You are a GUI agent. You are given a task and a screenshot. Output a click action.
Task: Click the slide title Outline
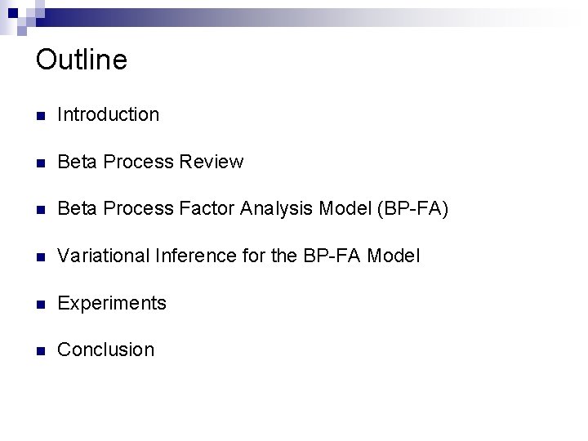click(82, 60)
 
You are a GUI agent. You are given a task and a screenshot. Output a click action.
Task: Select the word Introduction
click(109, 115)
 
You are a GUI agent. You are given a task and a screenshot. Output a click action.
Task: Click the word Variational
click(104, 256)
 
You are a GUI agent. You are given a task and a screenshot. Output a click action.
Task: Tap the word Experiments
click(112, 304)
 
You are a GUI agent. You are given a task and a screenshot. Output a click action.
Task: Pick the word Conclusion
click(106, 350)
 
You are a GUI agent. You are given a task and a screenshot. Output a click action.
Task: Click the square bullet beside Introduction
click(41, 116)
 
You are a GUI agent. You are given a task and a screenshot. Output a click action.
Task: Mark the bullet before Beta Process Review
click(41, 163)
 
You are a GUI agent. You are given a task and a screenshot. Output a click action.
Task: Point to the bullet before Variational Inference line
click(41, 256)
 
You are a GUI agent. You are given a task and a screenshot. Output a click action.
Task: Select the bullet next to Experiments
click(41, 304)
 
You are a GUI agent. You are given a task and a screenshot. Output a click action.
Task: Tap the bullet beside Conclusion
click(41, 350)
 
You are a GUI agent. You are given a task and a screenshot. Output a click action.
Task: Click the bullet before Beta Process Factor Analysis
click(41, 210)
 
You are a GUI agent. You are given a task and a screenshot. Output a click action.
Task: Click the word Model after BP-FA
click(394, 256)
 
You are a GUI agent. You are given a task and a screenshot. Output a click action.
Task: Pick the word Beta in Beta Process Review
click(74, 162)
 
